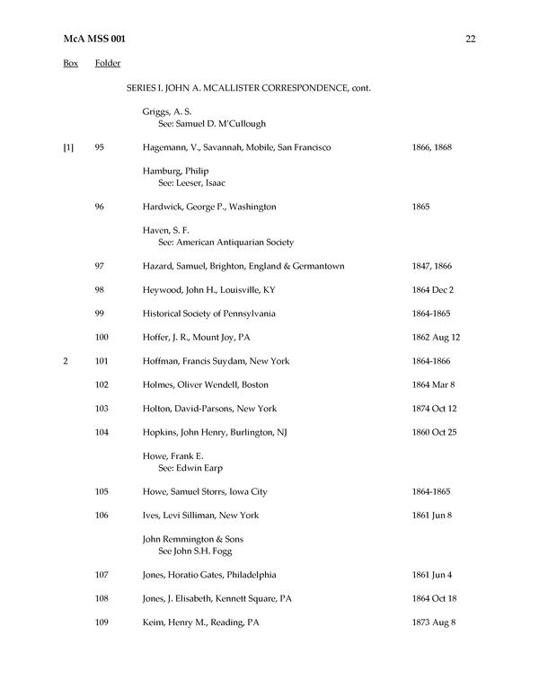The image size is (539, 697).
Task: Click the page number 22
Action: click(470, 38)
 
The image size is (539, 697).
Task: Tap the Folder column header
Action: click(108, 63)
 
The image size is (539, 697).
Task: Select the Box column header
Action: click(70, 63)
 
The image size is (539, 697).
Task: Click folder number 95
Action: click(100, 146)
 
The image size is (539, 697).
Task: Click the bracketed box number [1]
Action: click(68, 146)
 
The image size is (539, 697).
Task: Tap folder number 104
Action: click(102, 432)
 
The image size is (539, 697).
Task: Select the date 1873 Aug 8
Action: click(433, 622)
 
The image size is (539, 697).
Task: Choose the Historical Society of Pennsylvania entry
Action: click(208, 313)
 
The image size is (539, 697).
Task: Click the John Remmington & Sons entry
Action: click(192, 539)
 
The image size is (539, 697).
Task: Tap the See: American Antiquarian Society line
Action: click(225, 242)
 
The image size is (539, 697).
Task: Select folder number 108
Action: click(102, 598)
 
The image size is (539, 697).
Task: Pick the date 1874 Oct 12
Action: click(435, 409)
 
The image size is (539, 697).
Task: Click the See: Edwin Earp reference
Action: click(190, 468)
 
